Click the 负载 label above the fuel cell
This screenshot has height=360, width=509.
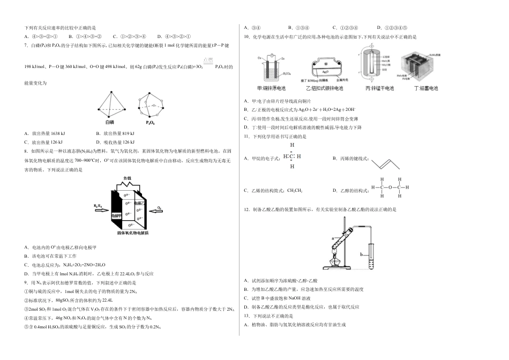(x=127, y=178)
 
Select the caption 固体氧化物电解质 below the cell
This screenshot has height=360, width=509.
(x=133, y=234)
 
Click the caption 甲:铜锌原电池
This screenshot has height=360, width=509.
(x=272, y=88)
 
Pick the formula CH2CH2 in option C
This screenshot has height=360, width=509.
(x=294, y=190)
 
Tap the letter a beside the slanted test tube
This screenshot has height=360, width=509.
(x=333, y=237)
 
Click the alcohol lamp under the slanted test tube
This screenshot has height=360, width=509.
(x=338, y=261)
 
